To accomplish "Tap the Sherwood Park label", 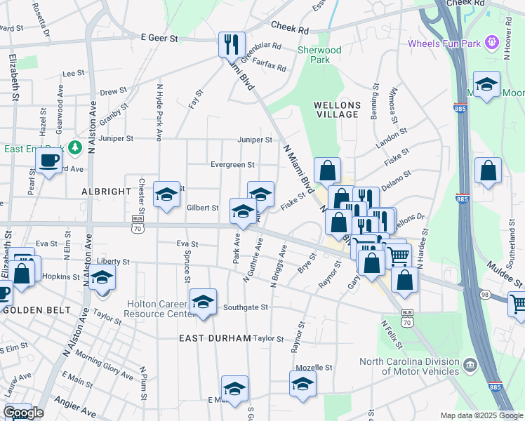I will pos(319,55).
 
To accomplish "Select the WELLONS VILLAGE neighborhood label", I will pos(337,109).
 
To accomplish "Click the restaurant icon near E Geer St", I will pos(230,44).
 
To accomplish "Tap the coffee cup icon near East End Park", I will pos(48,161).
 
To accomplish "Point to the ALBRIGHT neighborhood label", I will pos(106,191).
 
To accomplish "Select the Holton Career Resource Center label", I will pos(158,309).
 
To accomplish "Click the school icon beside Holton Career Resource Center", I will pos(203,301).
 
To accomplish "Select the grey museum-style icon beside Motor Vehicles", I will pos(470,365).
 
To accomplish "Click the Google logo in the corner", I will pos(23,413).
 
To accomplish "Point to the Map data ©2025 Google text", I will pos(481,415).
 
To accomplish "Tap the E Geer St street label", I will pos(159,38).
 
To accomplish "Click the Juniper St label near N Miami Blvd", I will pos(254,140).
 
